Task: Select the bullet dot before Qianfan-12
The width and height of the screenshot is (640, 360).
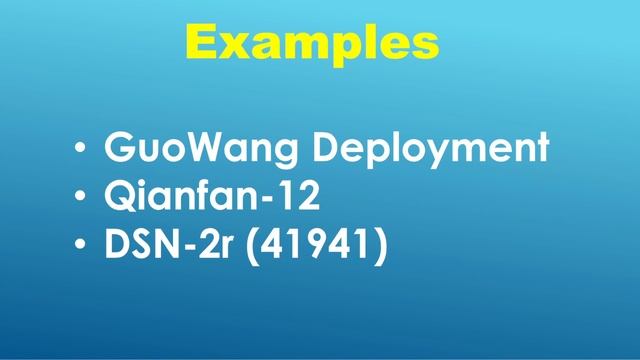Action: tap(79, 198)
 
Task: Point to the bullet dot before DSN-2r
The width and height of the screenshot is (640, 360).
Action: tap(79, 246)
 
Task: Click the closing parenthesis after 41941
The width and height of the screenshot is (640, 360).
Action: tap(378, 245)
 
